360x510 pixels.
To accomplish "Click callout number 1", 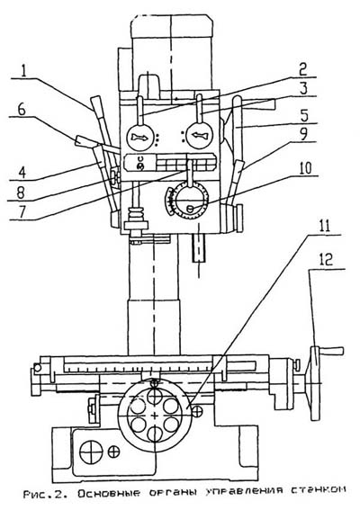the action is coord(23,70).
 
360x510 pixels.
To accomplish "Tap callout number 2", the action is coord(302,68).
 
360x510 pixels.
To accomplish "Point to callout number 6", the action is coord(22,109).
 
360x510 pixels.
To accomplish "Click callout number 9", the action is coord(303,134).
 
